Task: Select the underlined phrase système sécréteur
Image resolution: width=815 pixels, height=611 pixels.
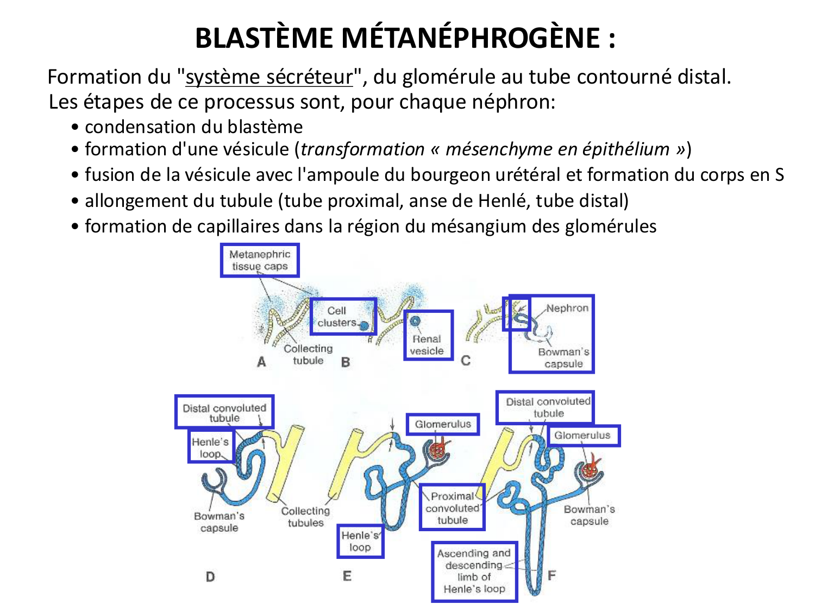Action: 269,77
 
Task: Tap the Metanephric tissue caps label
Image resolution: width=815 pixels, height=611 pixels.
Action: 260,260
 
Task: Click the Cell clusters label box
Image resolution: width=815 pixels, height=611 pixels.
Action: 343,316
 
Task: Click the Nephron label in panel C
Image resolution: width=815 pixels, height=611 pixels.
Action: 567,308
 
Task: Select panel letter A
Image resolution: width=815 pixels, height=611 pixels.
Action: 261,362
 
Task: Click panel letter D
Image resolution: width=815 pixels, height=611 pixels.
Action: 210,577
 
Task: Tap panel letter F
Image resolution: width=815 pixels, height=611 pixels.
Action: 551,575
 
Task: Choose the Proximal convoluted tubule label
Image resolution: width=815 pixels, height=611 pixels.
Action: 452,507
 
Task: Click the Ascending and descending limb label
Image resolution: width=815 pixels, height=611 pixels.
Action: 474,571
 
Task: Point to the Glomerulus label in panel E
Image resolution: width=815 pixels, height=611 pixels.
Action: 443,424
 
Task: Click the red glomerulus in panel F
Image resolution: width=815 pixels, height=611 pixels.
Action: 590,470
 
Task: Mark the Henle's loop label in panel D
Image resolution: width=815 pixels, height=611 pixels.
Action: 211,447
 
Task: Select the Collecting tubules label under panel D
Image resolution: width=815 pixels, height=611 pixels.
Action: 305,516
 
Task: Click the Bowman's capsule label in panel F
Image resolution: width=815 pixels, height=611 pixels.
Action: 589,515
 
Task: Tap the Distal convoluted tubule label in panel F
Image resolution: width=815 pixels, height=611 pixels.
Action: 548,407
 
